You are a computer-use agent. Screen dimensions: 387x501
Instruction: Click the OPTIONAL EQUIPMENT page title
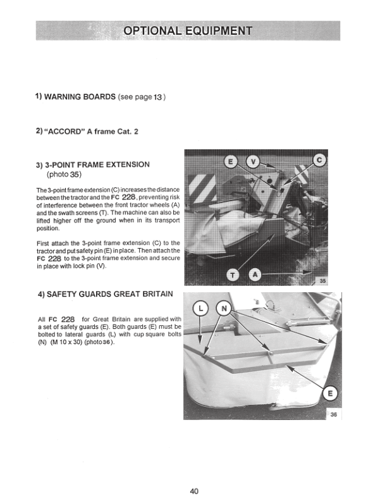pyautogui.click(x=188, y=30)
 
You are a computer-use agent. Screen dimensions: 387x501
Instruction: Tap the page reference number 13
pyautogui.click(x=158, y=97)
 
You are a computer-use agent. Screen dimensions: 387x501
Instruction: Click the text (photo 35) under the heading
pyautogui.click(x=64, y=174)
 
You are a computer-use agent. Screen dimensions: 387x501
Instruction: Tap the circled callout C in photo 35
pyautogui.click(x=319, y=160)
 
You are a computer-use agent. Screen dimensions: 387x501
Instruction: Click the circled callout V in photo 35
pyautogui.click(x=253, y=163)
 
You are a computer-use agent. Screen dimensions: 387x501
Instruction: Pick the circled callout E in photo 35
pyautogui.click(x=230, y=163)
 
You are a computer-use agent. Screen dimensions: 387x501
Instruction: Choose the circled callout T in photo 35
pyautogui.click(x=233, y=276)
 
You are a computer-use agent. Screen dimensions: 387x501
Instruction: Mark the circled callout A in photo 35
pyautogui.click(x=254, y=275)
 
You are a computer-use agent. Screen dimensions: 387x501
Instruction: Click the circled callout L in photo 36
pyautogui.click(x=200, y=309)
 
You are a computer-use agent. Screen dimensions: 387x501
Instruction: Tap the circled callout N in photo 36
pyautogui.click(x=224, y=309)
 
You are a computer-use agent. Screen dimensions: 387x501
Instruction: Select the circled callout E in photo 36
pyautogui.click(x=331, y=393)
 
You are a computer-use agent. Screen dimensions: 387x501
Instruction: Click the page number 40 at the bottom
pyautogui.click(x=194, y=491)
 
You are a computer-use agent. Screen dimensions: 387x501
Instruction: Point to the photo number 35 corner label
pyautogui.click(x=323, y=281)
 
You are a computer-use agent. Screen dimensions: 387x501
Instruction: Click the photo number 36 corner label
pyautogui.click(x=334, y=415)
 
